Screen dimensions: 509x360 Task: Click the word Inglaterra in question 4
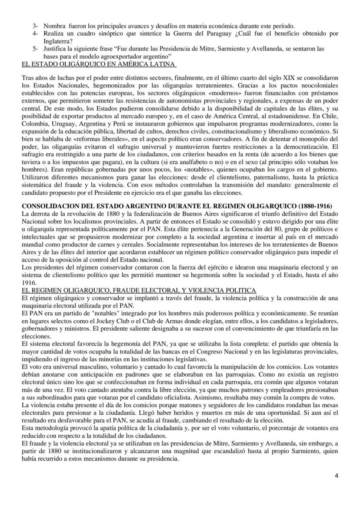point(60,42)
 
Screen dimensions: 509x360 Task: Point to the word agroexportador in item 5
point(114,57)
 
